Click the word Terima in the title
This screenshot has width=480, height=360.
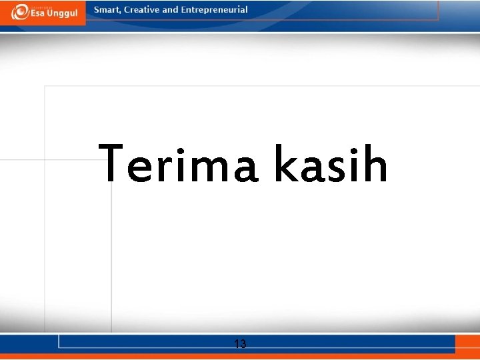pyautogui.click(x=179, y=164)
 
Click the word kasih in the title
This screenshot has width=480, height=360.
pyautogui.click(x=330, y=164)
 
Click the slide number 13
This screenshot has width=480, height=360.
pyautogui.click(x=240, y=344)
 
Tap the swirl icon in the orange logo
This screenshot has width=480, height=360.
pyautogui.click(x=19, y=12)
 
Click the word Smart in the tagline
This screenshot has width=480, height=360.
pyautogui.click(x=107, y=10)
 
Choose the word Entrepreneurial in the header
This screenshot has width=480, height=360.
pyautogui.click(x=214, y=10)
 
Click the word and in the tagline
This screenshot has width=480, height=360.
pyautogui.click(x=171, y=10)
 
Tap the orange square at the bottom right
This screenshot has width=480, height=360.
pyautogui.click(x=467, y=344)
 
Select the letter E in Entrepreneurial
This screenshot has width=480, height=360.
pyautogui.click(x=183, y=10)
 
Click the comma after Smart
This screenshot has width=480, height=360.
pyautogui.click(x=121, y=13)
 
